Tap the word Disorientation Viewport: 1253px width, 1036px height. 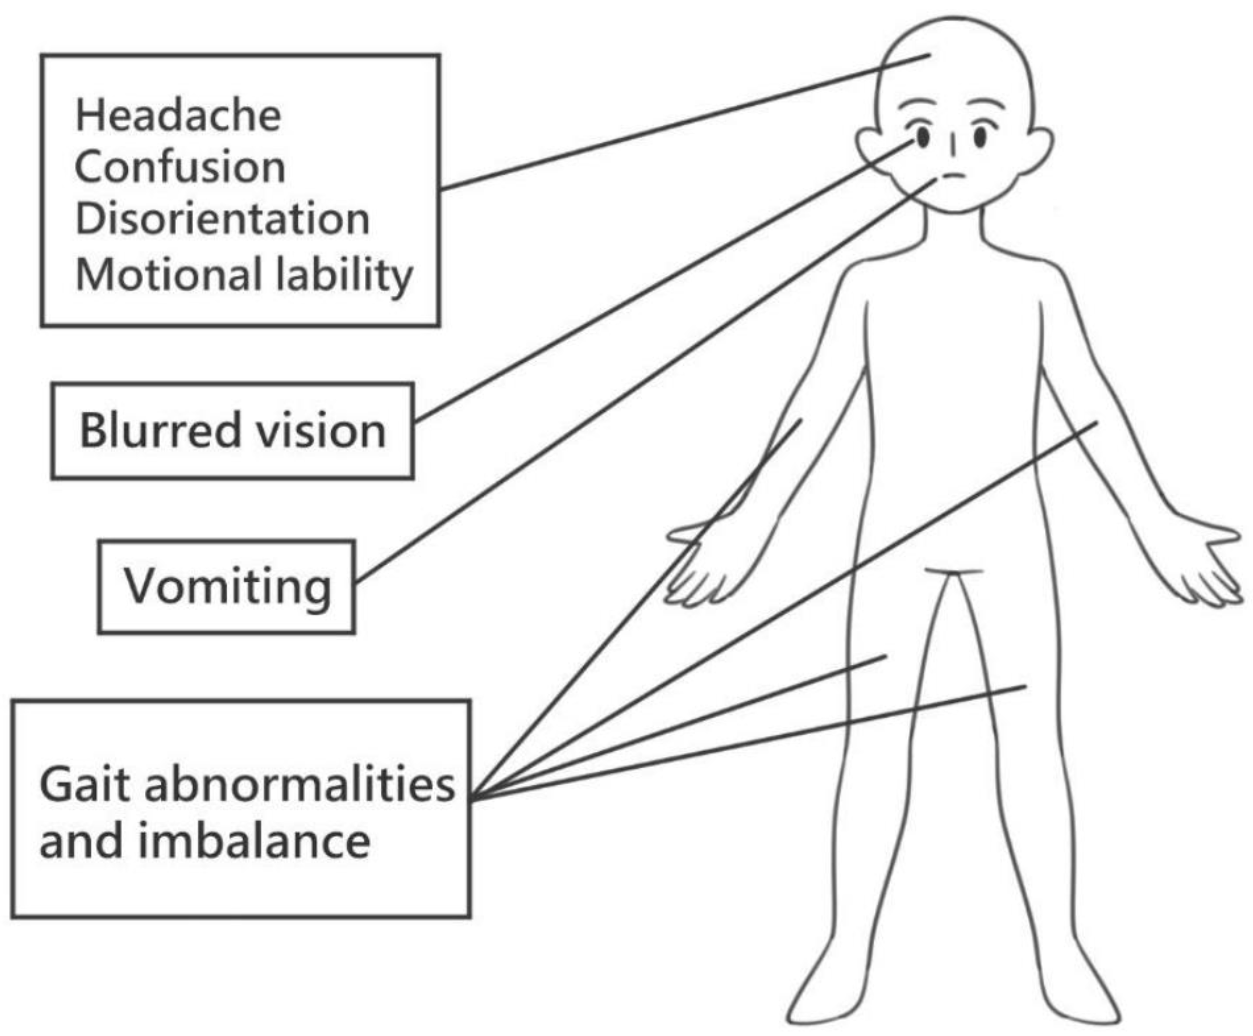tap(222, 219)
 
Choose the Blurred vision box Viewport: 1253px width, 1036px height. tap(232, 431)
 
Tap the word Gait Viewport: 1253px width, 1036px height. tap(85, 784)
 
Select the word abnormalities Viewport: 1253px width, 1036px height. tap(300, 784)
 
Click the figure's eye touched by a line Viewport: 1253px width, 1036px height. tap(922, 138)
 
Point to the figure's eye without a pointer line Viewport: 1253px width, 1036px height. tap(980, 137)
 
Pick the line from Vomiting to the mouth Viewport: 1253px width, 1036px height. tap(644, 382)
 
